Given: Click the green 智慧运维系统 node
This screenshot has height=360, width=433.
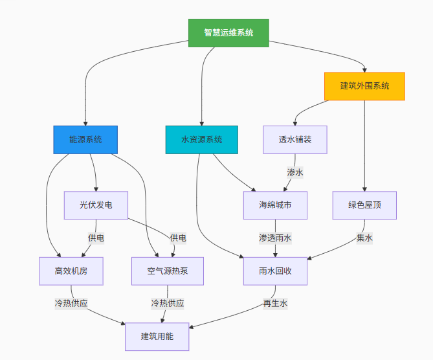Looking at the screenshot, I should coord(228,33).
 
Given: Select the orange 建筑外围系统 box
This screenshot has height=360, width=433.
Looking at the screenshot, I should coord(364,86).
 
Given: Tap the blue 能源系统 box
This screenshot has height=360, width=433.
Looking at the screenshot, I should coord(85,139).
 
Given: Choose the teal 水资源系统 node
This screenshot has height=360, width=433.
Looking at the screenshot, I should coord(202,139).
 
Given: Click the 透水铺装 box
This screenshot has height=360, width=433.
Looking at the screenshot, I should coord(295,139).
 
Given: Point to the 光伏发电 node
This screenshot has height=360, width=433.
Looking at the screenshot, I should coord(96,205).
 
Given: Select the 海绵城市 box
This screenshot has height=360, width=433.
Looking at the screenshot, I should coord(275,205).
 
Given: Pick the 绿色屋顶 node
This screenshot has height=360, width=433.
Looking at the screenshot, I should coord(364,205).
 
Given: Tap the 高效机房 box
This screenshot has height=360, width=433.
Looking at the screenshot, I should coord(71,271).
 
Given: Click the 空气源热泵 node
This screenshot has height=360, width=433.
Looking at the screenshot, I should coord(168,271).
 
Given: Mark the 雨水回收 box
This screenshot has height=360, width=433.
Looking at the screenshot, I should coord(275,271).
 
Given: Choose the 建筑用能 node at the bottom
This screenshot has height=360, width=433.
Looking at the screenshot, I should coord(157,337).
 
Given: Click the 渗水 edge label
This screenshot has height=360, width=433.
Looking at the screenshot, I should coord(295,172).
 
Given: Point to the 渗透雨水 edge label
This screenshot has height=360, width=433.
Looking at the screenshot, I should coord(275,238).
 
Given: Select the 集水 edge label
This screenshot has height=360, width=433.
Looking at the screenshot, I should coord(364,238).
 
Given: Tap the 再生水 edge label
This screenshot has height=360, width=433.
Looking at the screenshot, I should coord(275,303).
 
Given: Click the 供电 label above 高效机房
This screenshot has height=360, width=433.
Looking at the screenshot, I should coord(96,238).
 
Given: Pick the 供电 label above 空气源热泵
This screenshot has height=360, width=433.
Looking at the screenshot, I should coord(178,238).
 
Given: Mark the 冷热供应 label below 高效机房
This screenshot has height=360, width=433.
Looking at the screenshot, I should coord(71,303).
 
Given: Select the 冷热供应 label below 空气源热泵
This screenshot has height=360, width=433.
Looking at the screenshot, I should coord(168,303).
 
